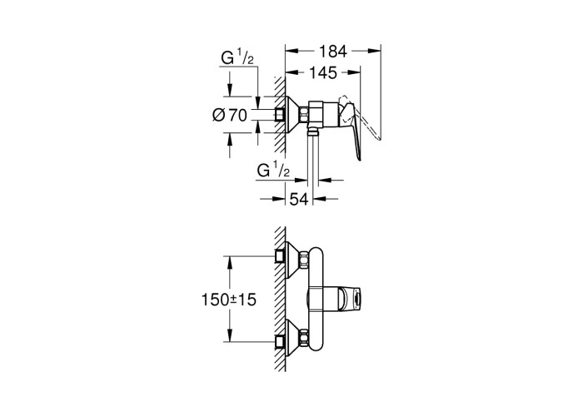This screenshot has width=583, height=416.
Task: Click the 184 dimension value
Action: pyautogui.click(x=332, y=52)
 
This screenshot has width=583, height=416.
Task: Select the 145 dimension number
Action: pyautogui.click(x=323, y=73)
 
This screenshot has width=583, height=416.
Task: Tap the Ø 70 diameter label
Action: pyautogui.click(x=229, y=115)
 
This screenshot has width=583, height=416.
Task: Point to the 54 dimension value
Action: pyautogui.click(x=299, y=200)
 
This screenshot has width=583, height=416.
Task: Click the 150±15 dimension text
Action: pyautogui.click(x=229, y=300)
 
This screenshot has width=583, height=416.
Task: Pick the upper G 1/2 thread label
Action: pyautogui.click(x=237, y=58)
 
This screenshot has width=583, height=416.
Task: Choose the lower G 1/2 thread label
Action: pyautogui.click(x=273, y=171)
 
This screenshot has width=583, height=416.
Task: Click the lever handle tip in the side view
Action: pyautogui.click(x=359, y=159)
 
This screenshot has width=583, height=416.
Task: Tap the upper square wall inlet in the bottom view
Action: pyautogui.click(x=281, y=256)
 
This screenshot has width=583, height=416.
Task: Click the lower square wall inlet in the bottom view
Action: pyautogui.click(x=281, y=341)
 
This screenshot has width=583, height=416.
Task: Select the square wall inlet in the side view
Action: pyautogui.click(x=281, y=115)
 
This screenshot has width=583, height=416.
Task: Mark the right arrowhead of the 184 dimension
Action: pyautogui.click(x=375, y=51)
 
